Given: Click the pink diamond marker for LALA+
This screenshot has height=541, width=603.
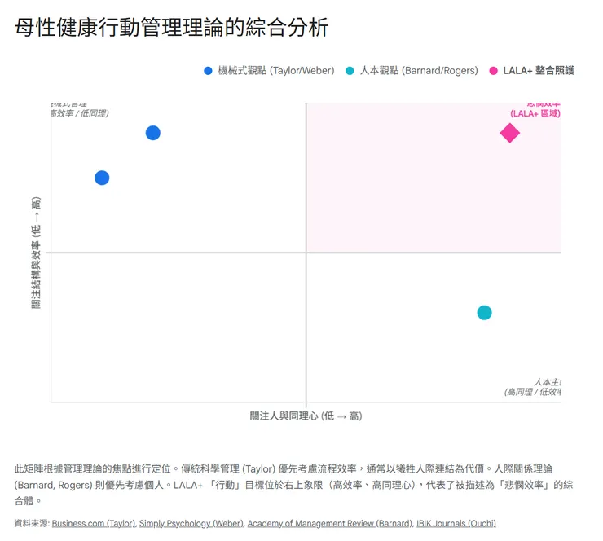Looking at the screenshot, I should (509, 133).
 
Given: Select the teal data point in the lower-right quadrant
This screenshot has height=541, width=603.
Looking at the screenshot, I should (484, 313).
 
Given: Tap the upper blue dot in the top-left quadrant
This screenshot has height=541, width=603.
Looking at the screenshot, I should (152, 133).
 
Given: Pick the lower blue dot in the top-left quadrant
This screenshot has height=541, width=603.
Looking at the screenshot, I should (102, 178).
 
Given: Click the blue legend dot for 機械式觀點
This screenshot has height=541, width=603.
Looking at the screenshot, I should (208, 71).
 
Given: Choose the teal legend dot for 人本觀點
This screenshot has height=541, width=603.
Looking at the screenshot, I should (350, 71).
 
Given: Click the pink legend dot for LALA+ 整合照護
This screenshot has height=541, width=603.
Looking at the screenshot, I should (493, 71).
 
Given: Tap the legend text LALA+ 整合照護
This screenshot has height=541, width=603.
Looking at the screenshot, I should (539, 71).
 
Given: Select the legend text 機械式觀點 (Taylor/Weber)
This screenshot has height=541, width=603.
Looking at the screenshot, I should (276, 71).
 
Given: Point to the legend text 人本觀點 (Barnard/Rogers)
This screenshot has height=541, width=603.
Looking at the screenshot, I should (419, 71).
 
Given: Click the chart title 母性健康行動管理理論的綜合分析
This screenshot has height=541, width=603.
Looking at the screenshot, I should (172, 28).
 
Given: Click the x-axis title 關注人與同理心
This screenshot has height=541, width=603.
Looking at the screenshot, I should (306, 416).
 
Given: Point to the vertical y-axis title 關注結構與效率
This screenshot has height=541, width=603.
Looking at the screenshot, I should (36, 253).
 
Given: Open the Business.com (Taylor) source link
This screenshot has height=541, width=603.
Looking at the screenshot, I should (94, 523).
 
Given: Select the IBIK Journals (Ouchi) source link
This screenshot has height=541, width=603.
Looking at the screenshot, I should (454, 523).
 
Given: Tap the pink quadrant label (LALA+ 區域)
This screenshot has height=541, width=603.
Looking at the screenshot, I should (535, 114).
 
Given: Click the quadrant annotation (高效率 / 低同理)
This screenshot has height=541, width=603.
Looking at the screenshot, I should (79, 113).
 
